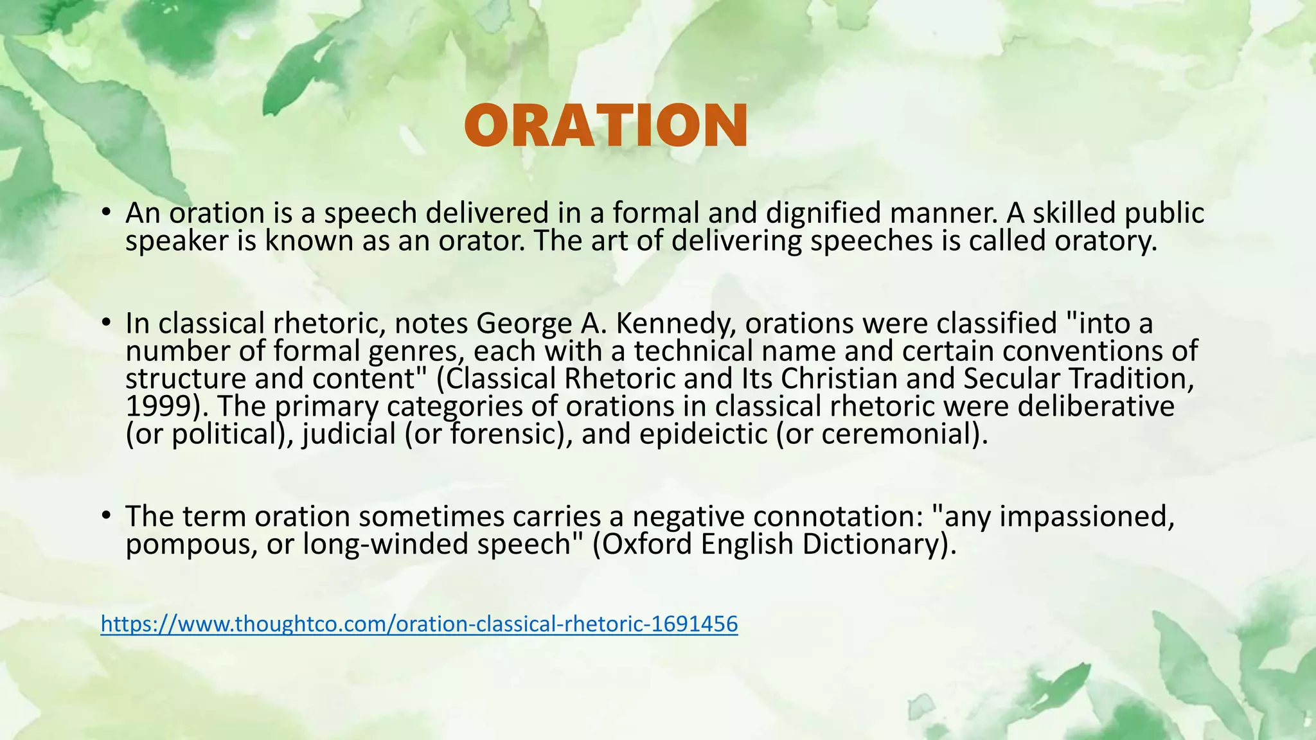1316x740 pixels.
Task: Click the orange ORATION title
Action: coord(606,125)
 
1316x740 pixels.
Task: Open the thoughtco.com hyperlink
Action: coord(419,624)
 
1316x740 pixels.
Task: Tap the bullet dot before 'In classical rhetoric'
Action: coord(107,322)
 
